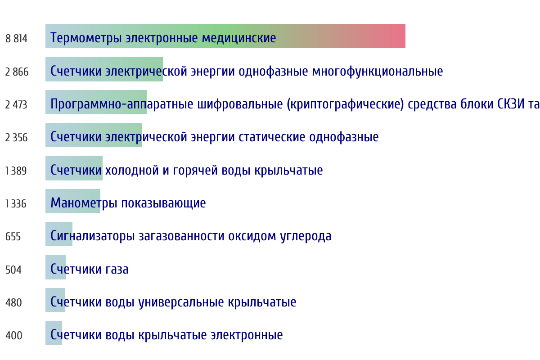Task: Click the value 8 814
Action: (16, 39)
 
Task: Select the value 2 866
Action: (17, 72)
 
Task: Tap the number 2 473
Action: (16, 105)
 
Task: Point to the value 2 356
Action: (16, 137)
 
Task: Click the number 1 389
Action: (16, 171)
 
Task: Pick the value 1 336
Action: (16, 203)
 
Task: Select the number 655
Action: (13, 237)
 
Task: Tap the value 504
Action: (13, 270)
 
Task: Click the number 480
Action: (14, 302)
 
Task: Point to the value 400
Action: (14, 335)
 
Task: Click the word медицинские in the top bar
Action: (239, 38)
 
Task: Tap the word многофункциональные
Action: (378, 72)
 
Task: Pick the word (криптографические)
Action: (345, 104)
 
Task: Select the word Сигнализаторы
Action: (93, 236)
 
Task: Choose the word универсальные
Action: (181, 302)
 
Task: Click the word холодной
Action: (132, 170)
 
